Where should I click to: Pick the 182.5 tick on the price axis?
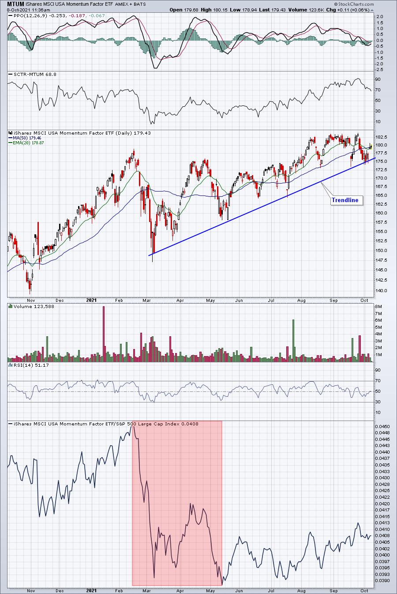click(x=382, y=137)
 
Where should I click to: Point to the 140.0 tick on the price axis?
click(x=382, y=291)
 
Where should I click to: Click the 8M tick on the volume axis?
click(x=378, y=306)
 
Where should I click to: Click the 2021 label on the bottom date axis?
click(x=91, y=590)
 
